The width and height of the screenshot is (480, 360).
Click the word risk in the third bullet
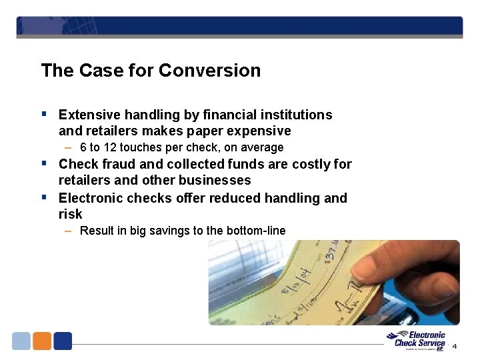tap(70, 214)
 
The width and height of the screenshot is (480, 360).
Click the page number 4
tap(455, 346)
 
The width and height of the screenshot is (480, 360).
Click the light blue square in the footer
tap(21, 341)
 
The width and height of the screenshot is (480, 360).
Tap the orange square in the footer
tap(42, 341)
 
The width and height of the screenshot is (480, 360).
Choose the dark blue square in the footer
tap(63, 341)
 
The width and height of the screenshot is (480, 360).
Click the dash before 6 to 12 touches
tap(69, 147)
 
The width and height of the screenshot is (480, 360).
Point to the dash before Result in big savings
tap(69, 231)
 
